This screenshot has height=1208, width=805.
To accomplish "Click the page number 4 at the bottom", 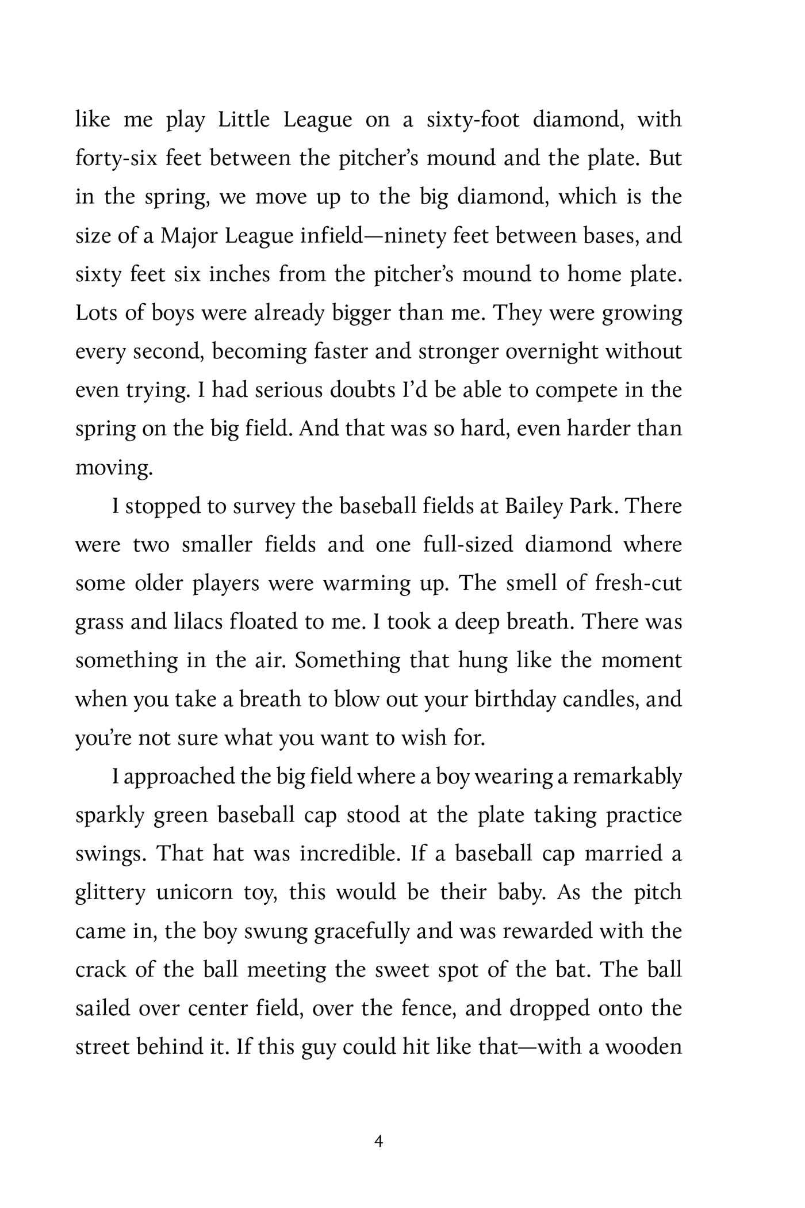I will [378, 1141].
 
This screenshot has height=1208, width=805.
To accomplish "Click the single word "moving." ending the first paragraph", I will [114, 468].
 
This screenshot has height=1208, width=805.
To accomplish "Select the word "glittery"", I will [110, 893].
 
